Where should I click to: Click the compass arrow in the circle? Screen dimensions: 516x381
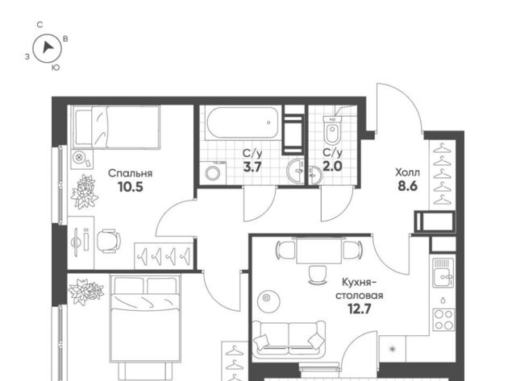coord(48,48)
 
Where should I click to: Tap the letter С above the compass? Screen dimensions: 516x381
coord(40,25)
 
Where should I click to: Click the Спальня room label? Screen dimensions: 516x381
coord(131,173)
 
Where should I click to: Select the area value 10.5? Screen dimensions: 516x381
coord(131,187)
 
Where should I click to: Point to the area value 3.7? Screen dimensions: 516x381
coord(252,167)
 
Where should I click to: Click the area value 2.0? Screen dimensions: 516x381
coord(332,167)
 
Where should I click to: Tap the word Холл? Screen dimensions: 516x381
coord(407,172)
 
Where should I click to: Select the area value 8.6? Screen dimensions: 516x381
coord(408,186)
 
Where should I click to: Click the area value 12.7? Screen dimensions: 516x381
coord(360,309)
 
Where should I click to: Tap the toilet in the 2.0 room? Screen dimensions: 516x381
coord(332,130)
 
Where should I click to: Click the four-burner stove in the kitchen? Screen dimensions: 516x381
coord(443,320)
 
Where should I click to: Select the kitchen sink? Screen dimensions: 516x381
coord(443,272)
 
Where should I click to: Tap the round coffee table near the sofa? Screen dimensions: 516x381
coord(268,300)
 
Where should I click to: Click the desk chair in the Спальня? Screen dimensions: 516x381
coord(109,241)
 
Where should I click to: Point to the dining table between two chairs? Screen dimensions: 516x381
coord(319,251)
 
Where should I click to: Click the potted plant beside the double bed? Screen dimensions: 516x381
coord(86,292)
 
